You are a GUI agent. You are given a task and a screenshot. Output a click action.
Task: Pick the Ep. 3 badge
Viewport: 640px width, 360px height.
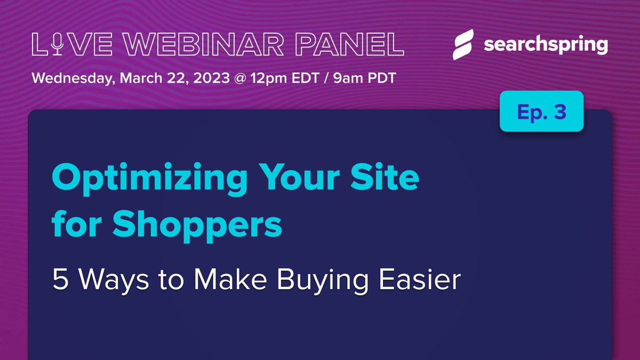click(541, 111)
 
